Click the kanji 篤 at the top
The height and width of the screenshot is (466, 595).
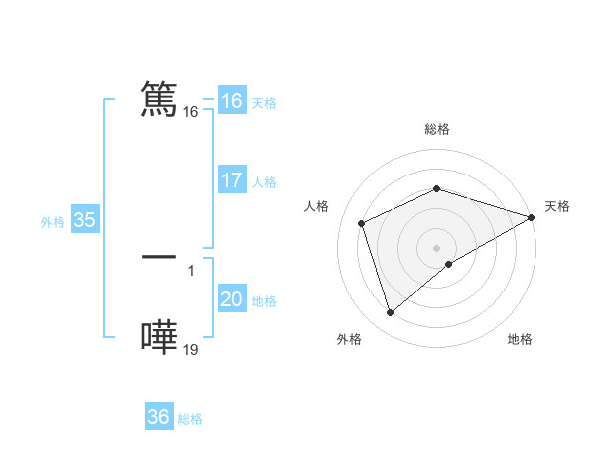pyautogui.click(x=159, y=100)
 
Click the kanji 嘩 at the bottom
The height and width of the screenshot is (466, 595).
pyautogui.click(x=159, y=337)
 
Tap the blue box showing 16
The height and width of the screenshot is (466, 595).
pyautogui.click(x=231, y=101)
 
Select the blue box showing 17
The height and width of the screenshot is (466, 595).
pyautogui.click(x=232, y=180)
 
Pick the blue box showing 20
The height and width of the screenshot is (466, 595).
pyautogui.click(x=232, y=299)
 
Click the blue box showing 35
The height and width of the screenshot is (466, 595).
pyautogui.click(x=84, y=220)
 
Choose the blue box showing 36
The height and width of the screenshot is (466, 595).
pyautogui.click(x=159, y=417)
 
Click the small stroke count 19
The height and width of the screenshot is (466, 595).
pyautogui.click(x=191, y=349)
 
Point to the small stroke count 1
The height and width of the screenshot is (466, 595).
pyautogui.click(x=190, y=270)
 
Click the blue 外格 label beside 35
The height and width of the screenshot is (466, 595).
pyautogui.click(x=53, y=221)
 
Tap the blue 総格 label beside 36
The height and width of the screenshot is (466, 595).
pyautogui.click(x=190, y=419)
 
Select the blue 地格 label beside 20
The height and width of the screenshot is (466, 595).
pyautogui.click(x=264, y=301)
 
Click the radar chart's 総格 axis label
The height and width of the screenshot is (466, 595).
pyautogui.click(x=436, y=129)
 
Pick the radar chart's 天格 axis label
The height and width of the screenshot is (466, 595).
pyautogui.click(x=557, y=206)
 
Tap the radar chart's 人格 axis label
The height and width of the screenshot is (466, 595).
pyautogui.click(x=317, y=206)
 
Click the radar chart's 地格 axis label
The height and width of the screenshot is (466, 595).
pyautogui.click(x=520, y=340)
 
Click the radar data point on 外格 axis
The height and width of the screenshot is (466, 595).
pyautogui.click(x=390, y=313)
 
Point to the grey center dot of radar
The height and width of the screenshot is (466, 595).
pyautogui.click(x=436, y=247)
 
